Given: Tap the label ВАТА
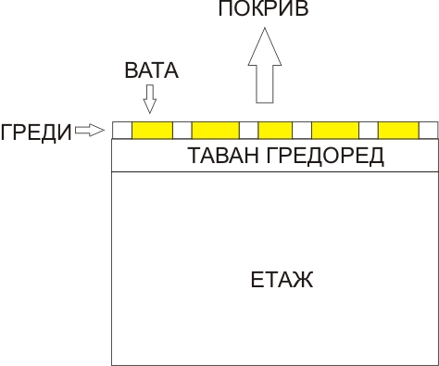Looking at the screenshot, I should (x=151, y=70).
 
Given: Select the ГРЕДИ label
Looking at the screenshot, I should (x=36, y=132).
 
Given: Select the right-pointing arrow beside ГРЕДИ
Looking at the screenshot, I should (x=90, y=131).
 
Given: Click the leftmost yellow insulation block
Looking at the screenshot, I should (x=152, y=131).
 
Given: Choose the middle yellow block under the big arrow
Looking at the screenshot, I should (x=275, y=131).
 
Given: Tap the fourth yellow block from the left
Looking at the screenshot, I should (x=334, y=131).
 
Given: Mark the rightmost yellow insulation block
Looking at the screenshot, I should (x=398, y=131).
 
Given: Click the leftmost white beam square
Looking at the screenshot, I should (x=121, y=131).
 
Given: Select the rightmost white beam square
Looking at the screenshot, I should (x=428, y=131).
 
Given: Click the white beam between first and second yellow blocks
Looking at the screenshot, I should (x=182, y=131).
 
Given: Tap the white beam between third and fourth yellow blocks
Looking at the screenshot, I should (x=302, y=131).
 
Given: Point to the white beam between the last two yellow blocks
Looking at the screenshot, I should (x=368, y=131).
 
